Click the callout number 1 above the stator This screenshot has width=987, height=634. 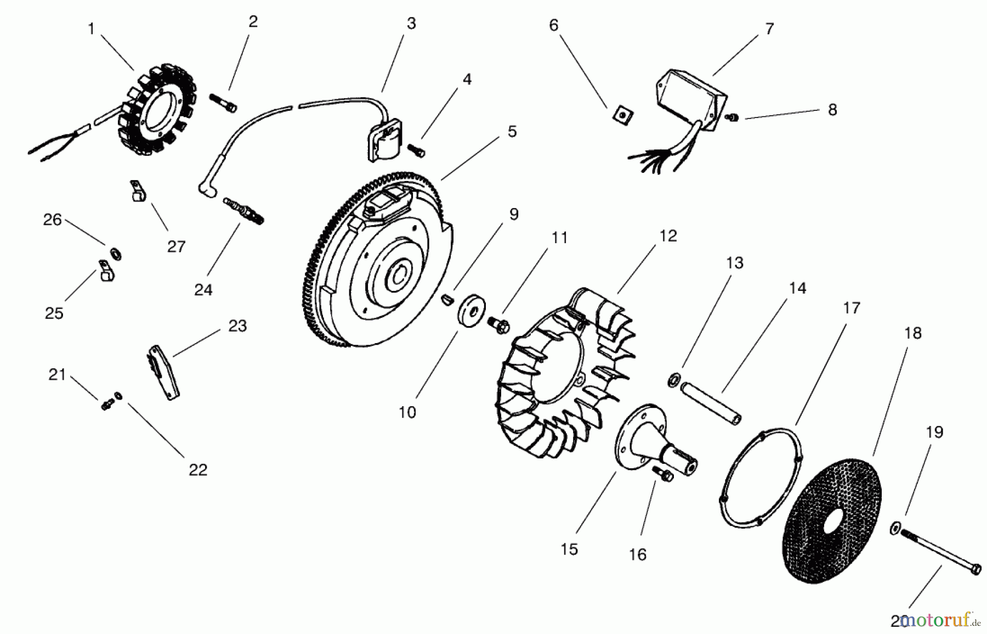tap(92, 29)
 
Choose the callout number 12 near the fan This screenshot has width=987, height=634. tap(668, 236)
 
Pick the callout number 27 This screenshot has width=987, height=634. tap(177, 246)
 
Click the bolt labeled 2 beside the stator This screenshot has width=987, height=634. tap(223, 103)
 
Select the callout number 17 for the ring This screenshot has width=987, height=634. tap(851, 308)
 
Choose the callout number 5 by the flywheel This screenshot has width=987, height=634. tap(512, 132)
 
